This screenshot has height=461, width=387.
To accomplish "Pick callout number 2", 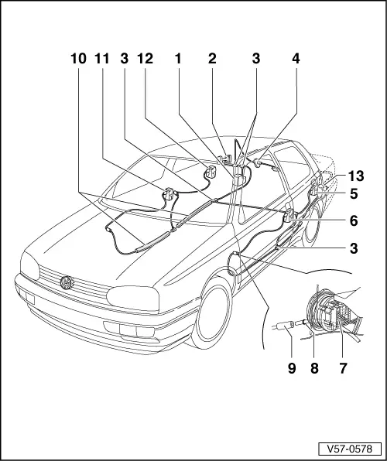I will [211, 58].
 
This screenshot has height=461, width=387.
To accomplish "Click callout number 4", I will [295, 58].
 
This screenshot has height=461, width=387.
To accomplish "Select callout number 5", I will [353, 194].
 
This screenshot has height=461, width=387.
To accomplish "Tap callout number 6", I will [353, 220].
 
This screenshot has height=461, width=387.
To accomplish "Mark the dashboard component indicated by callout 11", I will [169, 194].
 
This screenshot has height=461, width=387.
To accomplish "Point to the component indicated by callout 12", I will [209, 172].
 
